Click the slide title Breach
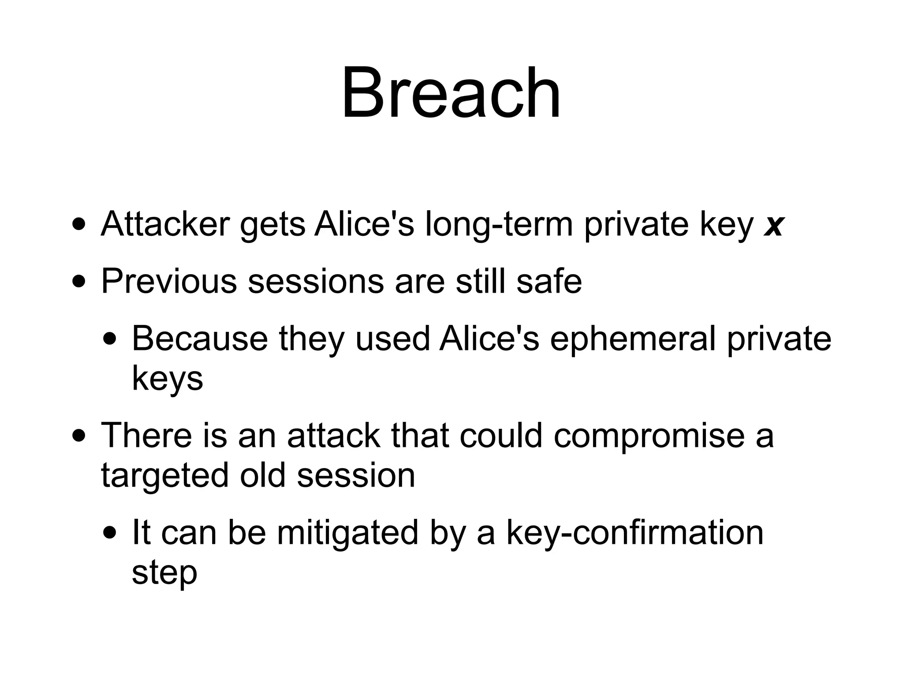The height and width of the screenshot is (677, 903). (x=451, y=93)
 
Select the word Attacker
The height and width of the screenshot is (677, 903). (x=165, y=224)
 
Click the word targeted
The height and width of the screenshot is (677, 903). (x=165, y=476)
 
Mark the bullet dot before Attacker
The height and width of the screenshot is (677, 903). (x=79, y=224)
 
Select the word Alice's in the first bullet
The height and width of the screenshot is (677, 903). (x=364, y=224)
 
